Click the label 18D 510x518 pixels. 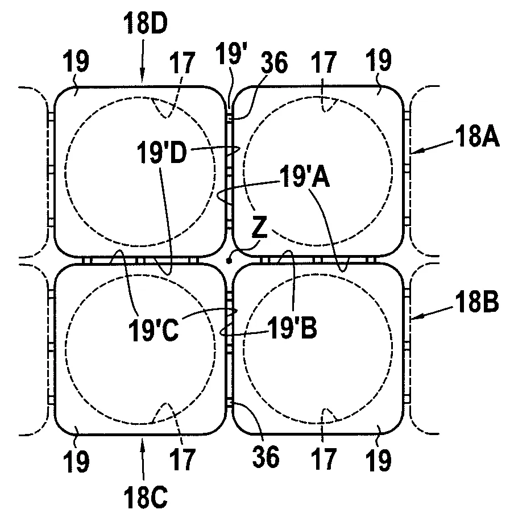[x=146, y=23]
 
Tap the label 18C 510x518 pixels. [x=146, y=498]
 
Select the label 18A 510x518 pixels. [x=477, y=136]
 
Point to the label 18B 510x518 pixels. [x=477, y=302]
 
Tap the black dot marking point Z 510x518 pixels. [x=229, y=261]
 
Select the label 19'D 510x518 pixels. [x=162, y=152]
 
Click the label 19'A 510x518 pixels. [x=305, y=177]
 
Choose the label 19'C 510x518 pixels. [x=154, y=330]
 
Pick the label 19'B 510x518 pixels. [x=292, y=328]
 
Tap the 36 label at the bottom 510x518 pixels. [x=266, y=457]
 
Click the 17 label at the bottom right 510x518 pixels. [x=324, y=459]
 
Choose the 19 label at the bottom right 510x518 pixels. [x=378, y=461]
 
